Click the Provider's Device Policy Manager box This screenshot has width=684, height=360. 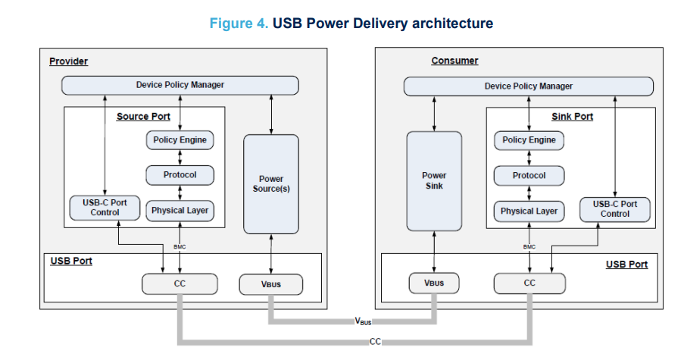(180, 85)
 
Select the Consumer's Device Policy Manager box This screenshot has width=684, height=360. (528, 86)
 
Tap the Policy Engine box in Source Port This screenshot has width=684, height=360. (180, 140)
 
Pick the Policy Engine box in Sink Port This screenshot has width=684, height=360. (529, 140)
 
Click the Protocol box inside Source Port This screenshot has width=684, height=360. (180, 175)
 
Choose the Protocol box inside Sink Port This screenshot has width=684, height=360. (529, 176)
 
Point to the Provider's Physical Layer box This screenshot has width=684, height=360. (180, 210)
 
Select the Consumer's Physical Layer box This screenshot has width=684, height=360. (529, 211)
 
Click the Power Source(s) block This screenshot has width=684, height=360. (270, 184)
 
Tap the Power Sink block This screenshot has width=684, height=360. (434, 180)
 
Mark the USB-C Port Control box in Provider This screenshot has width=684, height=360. (105, 208)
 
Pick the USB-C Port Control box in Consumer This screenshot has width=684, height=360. (614, 208)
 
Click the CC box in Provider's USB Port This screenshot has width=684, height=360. (180, 284)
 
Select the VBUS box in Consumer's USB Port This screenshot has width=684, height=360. (434, 284)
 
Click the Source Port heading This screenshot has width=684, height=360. (143, 117)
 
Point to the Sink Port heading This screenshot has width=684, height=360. (572, 117)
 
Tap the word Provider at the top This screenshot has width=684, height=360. (69, 61)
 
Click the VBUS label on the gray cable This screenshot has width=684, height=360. (364, 321)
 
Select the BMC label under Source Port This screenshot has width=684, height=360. (180, 246)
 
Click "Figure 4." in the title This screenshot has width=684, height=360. (239, 23)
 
